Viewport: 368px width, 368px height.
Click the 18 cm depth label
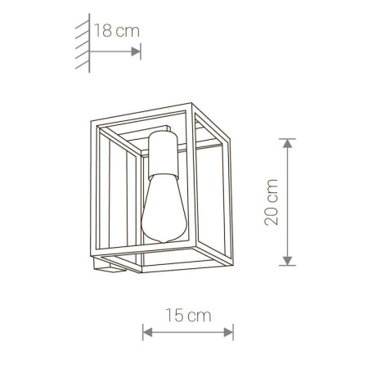pyautogui.click(x=116, y=32)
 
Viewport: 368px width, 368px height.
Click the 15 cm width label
pyautogui.click(x=188, y=315)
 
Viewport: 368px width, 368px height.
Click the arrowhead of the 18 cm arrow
pyautogui.click(x=137, y=50)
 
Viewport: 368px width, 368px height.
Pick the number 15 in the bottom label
pyautogui.click(x=174, y=315)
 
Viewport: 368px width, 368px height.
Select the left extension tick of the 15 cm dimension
pyautogui.click(x=142, y=332)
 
